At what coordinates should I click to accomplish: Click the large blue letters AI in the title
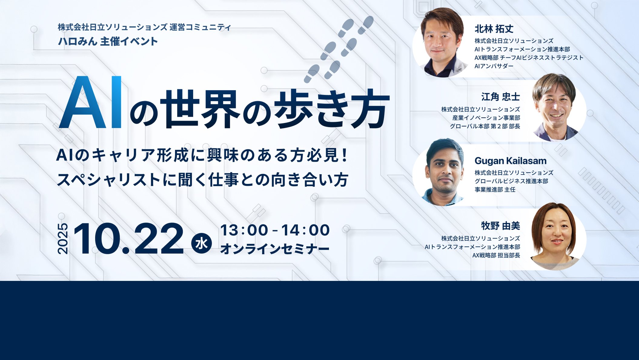pyautogui.click(x=90, y=102)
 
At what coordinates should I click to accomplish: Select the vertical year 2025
pyautogui.click(x=63, y=239)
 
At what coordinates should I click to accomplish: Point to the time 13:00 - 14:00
pyautogui.click(x=275, y=230)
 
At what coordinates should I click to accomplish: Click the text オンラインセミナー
pyautogui.click(x=275, y=249)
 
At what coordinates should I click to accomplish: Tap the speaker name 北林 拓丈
pyautogui.click(x=494, y=29)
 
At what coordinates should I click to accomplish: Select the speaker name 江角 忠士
pyautogui.click(x=501, y=97)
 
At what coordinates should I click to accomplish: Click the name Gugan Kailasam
pyautogui.click(x=511, y=161)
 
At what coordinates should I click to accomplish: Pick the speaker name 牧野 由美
pyautogui.click(x=501, y=226)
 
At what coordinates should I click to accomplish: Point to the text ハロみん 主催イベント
pyautogui.click(x=108, y=41)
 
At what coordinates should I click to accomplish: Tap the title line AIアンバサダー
pyautogui.click(x=494, y=66)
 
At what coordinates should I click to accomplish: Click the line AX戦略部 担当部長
pyautogui.click(x=496, y=255)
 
